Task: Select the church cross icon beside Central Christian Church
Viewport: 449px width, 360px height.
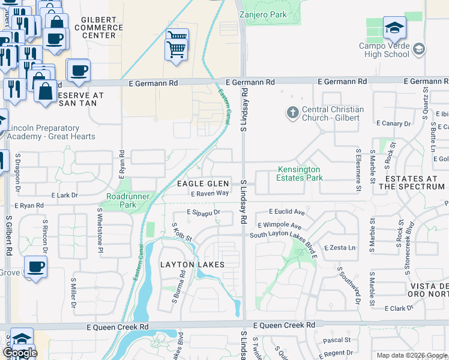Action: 292,112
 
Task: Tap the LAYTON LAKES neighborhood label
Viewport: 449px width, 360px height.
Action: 192,265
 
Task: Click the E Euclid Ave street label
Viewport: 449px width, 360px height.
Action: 287,212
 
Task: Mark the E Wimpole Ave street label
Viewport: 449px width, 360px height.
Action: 279,226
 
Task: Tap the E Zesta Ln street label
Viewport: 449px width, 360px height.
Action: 340,248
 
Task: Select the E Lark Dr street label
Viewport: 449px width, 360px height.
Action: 64,195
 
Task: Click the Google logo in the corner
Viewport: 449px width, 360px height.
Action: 20,353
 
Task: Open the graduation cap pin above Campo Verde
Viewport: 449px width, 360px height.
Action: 394,27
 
